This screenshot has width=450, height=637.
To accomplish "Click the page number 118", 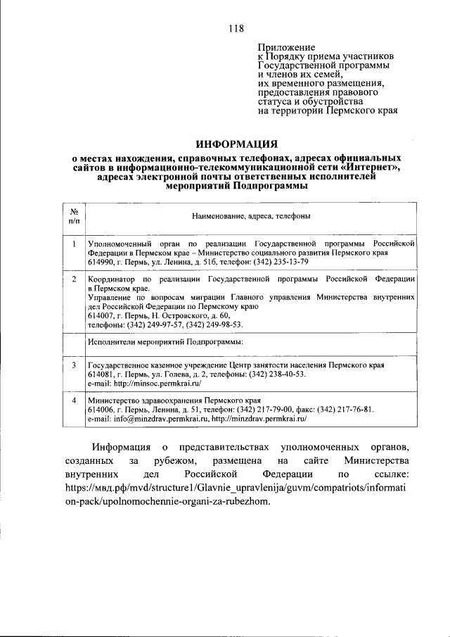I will (x=236, y=29).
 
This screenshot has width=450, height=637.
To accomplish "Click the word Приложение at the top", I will (x=286, y=46).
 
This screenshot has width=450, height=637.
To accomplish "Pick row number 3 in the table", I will (x=74, y=366).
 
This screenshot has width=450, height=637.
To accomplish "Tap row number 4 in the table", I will (x=74, y=401).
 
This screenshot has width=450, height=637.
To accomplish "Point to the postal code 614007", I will (x=103, y=316).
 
